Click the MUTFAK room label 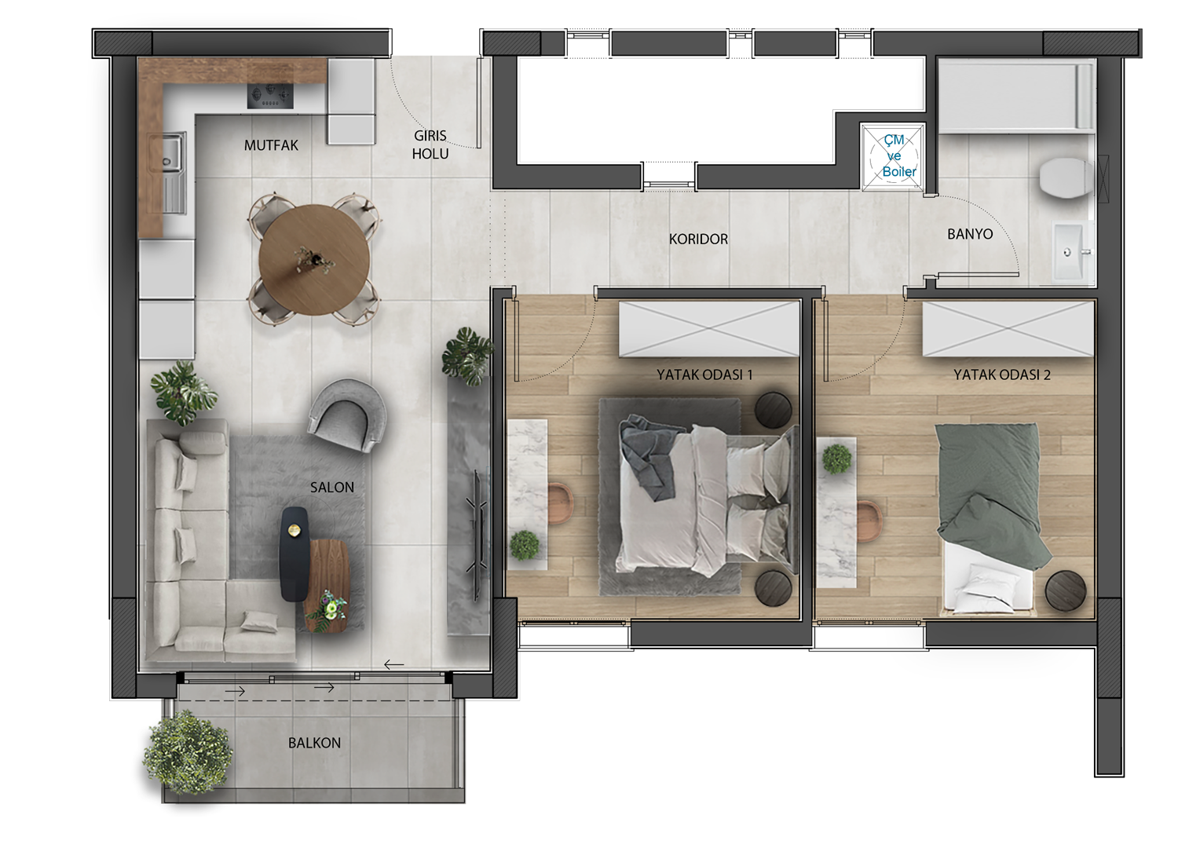271,145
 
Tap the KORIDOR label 698,239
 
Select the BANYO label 970,234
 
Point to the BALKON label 314,743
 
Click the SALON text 332,488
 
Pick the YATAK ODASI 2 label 1002,375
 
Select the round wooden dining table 314,260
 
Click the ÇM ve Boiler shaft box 893,156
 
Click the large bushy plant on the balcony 188,754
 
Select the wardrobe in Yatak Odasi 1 709,329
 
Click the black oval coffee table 294,554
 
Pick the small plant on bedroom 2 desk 836,459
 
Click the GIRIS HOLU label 430,144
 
